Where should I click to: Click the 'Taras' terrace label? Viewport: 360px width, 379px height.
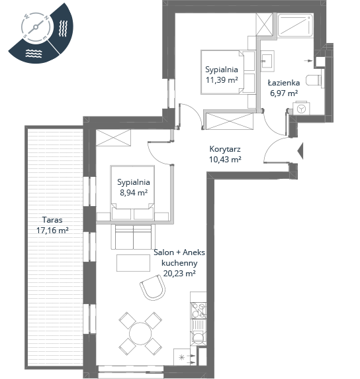52,220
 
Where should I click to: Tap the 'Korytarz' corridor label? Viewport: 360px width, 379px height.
225,149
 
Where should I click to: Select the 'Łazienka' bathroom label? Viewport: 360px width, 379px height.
284,83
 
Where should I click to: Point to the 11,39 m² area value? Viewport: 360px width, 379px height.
222,80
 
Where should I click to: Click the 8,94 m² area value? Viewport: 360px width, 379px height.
134,193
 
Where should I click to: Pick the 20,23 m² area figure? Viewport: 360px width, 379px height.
179,274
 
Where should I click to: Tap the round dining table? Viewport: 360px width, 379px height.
140,333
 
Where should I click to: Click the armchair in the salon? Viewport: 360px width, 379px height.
153,288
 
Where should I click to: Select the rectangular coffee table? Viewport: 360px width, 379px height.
133,263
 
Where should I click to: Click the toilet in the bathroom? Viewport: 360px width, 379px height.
314,80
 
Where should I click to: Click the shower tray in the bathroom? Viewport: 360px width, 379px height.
295,25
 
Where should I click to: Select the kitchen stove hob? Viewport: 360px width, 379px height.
199,310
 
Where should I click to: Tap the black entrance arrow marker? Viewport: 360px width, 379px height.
300,151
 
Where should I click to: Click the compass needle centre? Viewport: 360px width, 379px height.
36,27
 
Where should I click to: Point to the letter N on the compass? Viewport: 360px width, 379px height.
47,18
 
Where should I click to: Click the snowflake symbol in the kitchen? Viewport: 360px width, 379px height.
181,357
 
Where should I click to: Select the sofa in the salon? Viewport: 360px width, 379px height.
133,237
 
